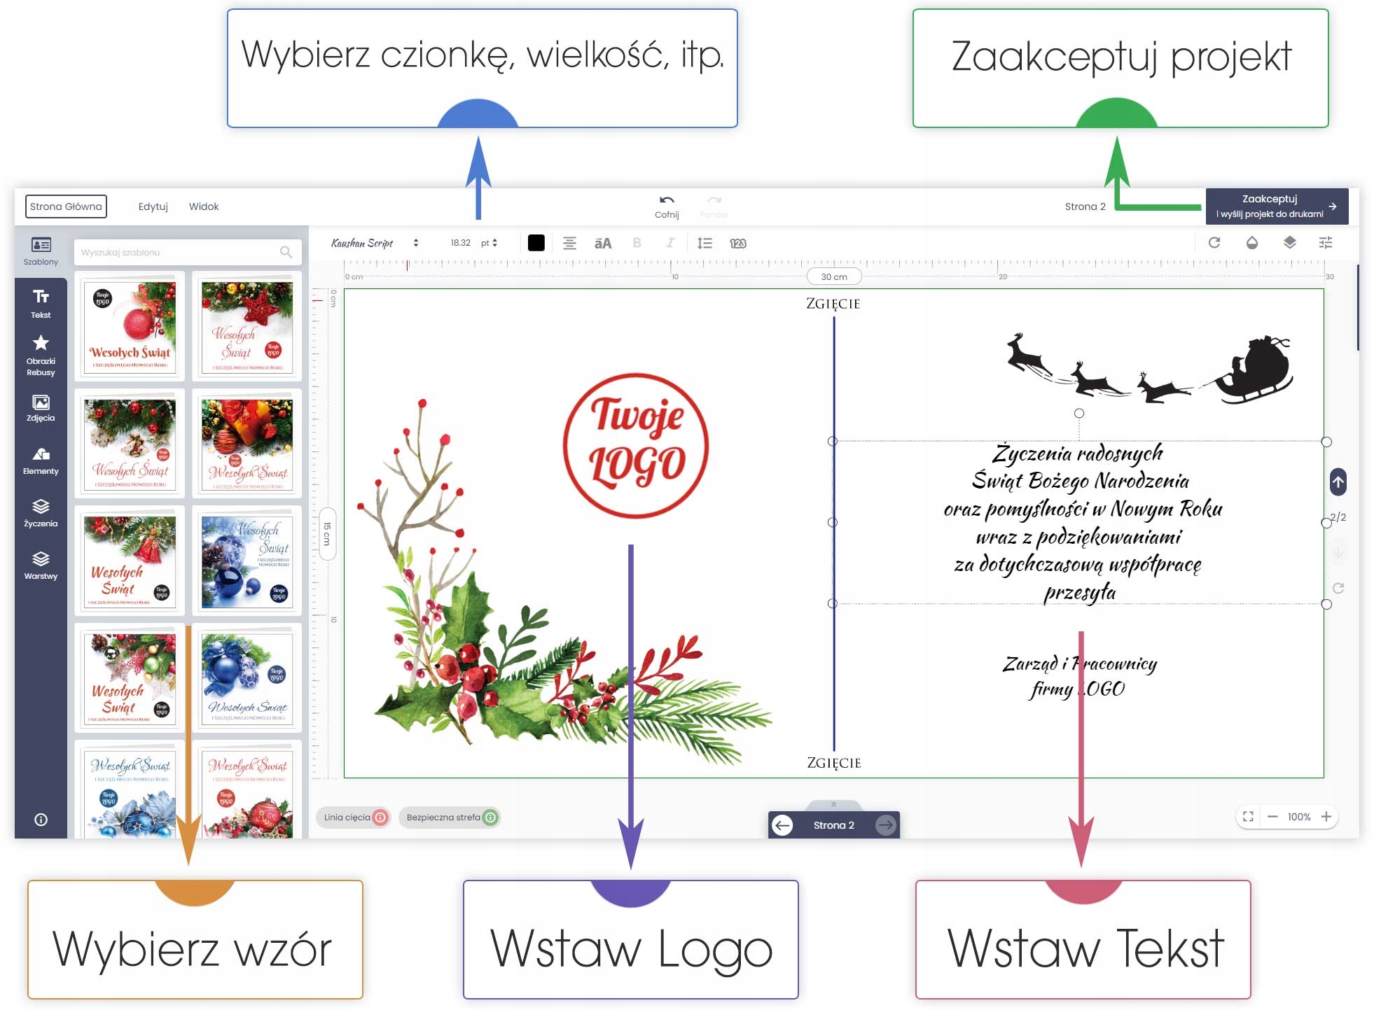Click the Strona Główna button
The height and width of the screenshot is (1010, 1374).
(66, 206)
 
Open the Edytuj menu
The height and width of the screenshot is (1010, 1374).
(153, 206)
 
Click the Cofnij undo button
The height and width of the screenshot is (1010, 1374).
(667, 206)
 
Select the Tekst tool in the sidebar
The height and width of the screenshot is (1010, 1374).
(41, 303)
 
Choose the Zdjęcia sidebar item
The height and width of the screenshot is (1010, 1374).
(41, 408)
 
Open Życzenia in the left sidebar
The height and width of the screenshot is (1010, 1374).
(41, 513)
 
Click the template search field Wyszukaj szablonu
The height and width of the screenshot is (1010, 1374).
(179, 252)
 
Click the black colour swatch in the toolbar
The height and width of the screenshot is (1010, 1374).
(536, 243)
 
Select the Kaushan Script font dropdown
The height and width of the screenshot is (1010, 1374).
(375, 243)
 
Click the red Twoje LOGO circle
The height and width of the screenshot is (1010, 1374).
(636, 445)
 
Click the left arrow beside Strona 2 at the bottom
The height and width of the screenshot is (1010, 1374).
(782, 825)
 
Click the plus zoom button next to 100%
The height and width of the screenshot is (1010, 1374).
(1326, 817)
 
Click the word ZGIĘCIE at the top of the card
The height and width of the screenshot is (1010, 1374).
(833, 304)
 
